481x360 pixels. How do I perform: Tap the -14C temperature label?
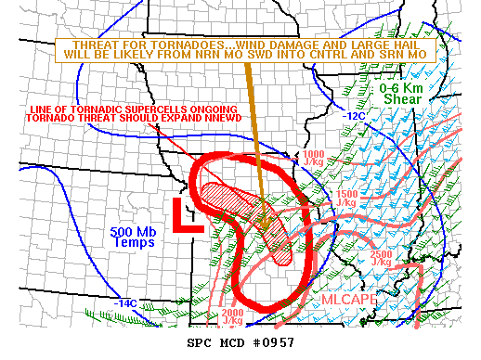click(125, 302)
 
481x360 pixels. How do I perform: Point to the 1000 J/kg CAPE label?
click(313, 158)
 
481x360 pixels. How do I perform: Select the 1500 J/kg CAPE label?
click(345, 198)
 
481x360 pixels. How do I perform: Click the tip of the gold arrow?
click(265, 229)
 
